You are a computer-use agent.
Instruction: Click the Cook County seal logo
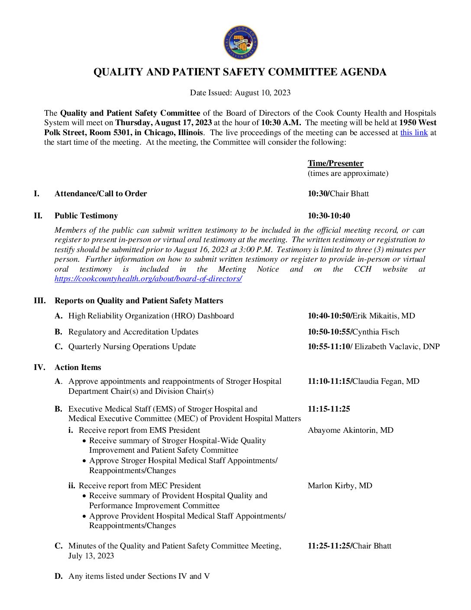tap(241, 42)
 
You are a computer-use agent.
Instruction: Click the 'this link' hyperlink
tap(413, 133)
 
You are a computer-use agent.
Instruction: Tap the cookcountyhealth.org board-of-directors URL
tap(148, 279)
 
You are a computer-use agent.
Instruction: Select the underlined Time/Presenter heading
tap(336, 163)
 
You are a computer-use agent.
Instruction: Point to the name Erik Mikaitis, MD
tap(384, 316)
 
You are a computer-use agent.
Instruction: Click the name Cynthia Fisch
tap(376, 332)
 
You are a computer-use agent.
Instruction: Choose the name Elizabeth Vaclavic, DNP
tap(397, 347)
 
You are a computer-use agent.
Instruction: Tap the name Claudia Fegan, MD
tap(386, 381)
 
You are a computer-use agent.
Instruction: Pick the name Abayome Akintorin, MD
tap(350, 430)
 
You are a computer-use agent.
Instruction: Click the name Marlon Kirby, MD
tap(340, 486)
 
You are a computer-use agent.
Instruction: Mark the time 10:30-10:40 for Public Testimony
tap(329, 216)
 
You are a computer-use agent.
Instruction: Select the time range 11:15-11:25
tap(329, 409)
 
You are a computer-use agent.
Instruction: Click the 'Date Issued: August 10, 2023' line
tap(240, 93)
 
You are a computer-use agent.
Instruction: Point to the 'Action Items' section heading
tap(78, 367)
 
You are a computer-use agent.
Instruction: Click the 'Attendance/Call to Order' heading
tap(101, 194)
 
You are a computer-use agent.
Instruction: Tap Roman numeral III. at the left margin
tap(40, 301)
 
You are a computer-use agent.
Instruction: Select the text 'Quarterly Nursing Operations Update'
tap(132, 347)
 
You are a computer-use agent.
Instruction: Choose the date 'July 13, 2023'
tap(91, 556)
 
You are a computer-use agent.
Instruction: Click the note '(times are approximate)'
tap(348, 173)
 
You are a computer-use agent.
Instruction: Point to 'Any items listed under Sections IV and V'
tap(139, 576)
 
